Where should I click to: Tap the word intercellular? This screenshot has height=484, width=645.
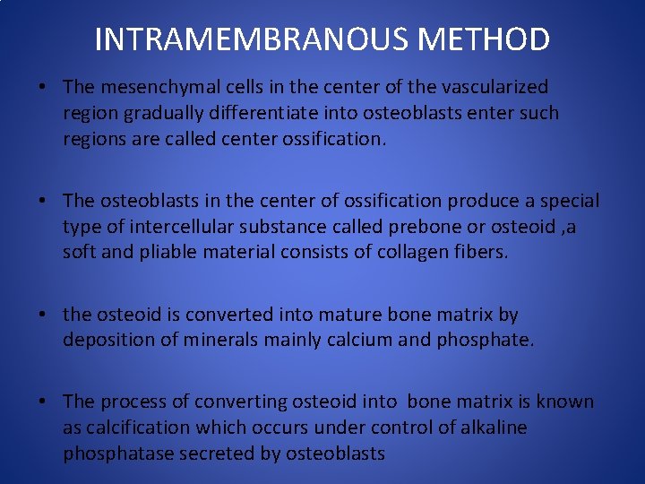176,227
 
